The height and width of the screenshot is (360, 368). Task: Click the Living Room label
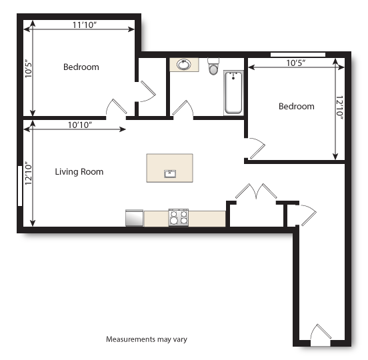[x=79, y=172]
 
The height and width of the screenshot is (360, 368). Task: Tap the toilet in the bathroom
[x=213, y=67]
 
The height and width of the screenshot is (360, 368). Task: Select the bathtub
[x=233, y=93]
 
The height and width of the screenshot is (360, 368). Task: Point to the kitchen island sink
[x=170, y=174]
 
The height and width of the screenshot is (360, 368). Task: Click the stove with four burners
[x=178, y=217]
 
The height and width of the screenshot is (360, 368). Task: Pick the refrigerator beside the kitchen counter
[x=134, y=218]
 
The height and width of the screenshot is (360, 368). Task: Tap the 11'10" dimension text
[x=85, y=25]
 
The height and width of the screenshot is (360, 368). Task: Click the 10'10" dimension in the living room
[x=79, y=125]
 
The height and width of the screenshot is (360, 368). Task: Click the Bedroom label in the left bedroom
[x=81, y=67]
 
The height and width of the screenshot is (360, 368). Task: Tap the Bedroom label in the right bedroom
[x=296, y=107]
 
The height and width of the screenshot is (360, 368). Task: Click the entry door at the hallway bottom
[x=321, y=334]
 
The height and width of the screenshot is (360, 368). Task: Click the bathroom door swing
[x=183, y=109]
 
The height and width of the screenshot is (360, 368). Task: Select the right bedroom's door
[x=255, y=148]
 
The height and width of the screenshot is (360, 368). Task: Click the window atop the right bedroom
[x=297, y=54]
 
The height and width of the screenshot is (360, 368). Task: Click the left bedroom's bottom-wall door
[x=117, y=108]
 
